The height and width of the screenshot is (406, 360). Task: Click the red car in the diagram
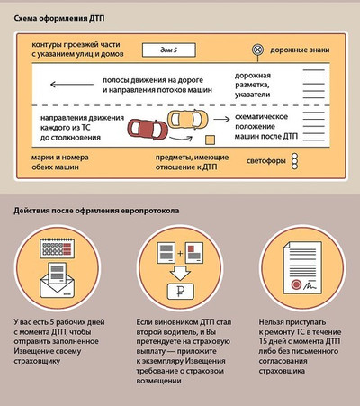tap(148, 130)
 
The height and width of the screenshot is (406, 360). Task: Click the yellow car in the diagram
tap(188, 119)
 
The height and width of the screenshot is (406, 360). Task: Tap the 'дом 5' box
tap(169, 50)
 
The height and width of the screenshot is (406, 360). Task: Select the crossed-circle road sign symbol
tap(257, 50)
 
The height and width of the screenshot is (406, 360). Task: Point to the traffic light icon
tap(295, 161)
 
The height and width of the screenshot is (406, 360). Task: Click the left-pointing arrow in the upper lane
tap(72, 85)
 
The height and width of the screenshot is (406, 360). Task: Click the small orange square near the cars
tap(210, 140)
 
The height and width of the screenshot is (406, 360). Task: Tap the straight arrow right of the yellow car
tap(221, 120)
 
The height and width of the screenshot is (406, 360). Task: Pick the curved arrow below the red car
tap(181, 139)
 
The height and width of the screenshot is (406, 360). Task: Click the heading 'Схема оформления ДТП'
tap(59, 18)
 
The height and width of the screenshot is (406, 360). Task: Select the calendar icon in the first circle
tap(57, 248)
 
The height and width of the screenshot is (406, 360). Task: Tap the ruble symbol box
tap(180, 291)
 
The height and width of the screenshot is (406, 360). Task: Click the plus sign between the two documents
tap(180, 253)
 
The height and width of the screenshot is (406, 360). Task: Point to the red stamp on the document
tap(296, 284)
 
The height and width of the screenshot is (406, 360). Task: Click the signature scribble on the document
tap(310, 285)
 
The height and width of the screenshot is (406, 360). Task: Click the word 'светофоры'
tap(266, 161)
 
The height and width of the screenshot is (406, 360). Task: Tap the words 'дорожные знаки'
tap(300, 50)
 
